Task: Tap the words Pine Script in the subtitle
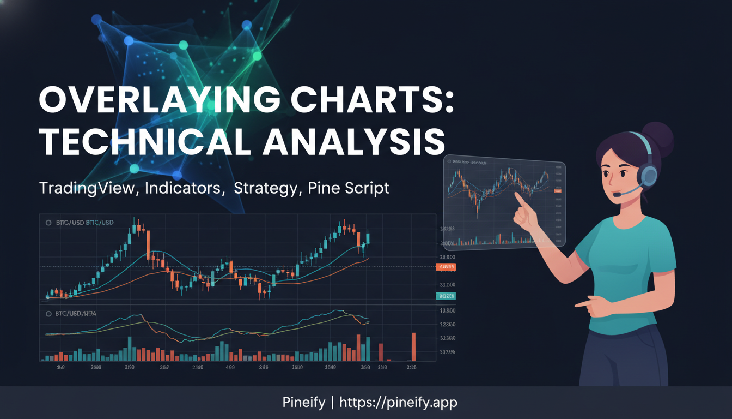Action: pos(349,188)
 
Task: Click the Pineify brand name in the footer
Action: pos(303,403)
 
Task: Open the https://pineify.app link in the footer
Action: pos(398,403)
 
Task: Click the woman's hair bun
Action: pos(658,136)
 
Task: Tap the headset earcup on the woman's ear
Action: pos(649,176)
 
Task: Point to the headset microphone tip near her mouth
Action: pos(617,194)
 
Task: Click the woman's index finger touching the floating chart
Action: pos(518,198)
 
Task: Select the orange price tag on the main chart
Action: pos(446,267)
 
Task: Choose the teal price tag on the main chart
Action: pos(446,296)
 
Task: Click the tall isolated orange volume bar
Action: pos(413,346)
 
